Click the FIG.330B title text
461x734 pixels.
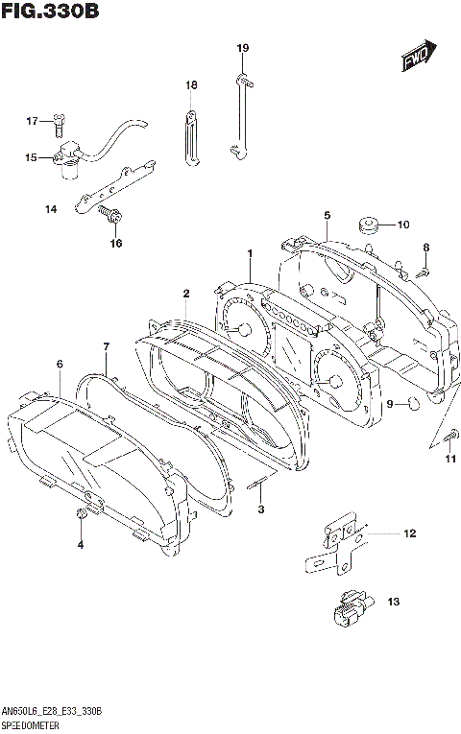[52, 12]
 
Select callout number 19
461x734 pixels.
[243, 48]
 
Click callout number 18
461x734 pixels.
[190, 85]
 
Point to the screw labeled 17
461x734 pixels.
[60, 121]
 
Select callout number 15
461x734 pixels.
[31, 156]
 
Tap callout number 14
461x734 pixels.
[49, 208]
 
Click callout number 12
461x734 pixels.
[408, 533]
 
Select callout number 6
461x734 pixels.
[60, 365]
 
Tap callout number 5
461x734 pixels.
[327, 215]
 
